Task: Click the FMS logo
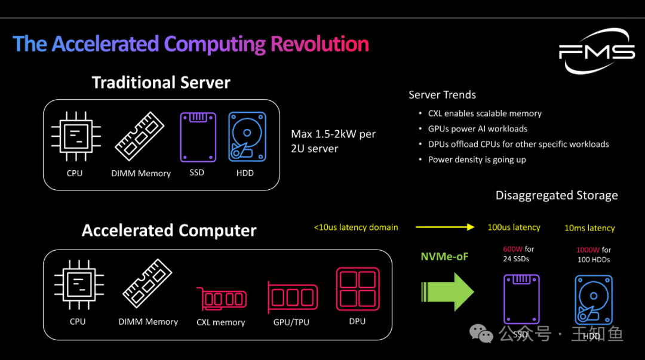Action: [x=597, y=52]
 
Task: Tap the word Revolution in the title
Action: [x=320, y=44]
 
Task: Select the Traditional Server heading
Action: [x=161, y=82]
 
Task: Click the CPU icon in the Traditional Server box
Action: [x=75, y=136]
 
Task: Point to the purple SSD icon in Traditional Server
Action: [x=198, y=137]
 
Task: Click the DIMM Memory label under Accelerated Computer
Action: [x=148, y=322]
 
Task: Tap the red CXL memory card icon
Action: [x=221, y=298]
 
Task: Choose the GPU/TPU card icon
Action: [x=293, y=296]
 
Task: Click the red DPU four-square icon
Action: [x=357, y=289]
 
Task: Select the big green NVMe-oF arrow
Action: [x=447, y=291]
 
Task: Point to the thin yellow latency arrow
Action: [x=445, y=227]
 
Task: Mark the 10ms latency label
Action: [x=589, y=228]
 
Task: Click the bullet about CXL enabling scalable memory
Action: [x=484, y=113]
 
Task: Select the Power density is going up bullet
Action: [x=477, y=159]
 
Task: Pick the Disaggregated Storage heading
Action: [x=557, y=195]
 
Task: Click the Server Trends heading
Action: [x=442, y=95]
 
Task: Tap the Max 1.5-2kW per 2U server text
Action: [x=333, y=141]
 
